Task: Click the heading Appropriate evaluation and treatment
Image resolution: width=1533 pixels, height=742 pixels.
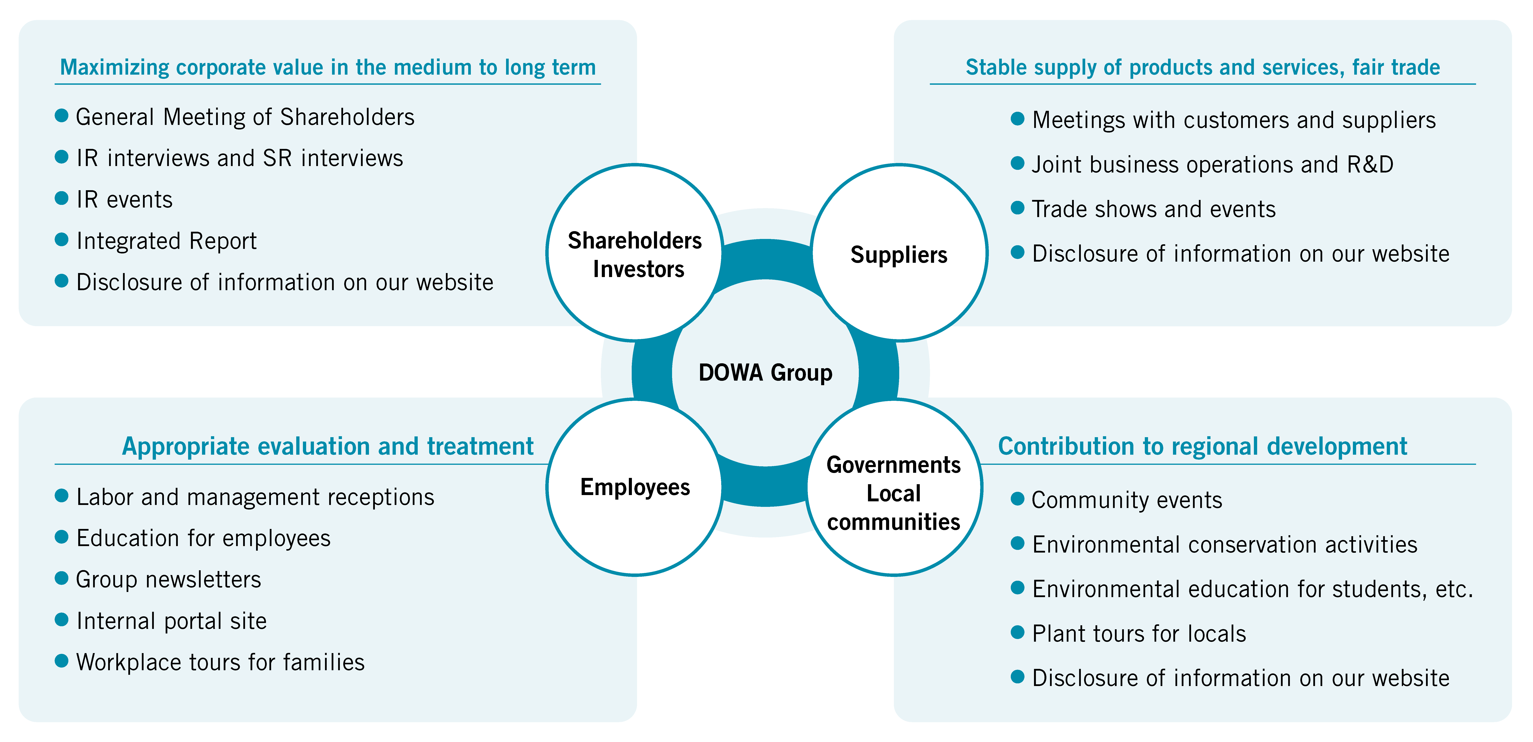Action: [327, 446]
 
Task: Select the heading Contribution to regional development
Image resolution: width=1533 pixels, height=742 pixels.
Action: [1202, 446]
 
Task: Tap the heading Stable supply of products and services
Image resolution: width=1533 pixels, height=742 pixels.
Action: [1202, 67]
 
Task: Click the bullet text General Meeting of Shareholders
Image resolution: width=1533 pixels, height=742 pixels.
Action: [245, 117]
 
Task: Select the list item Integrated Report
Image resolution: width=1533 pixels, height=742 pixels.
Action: [167, 241]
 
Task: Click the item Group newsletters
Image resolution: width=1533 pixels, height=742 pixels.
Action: [168, 580]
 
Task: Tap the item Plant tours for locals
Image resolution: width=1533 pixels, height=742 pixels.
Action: [1139, 634]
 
